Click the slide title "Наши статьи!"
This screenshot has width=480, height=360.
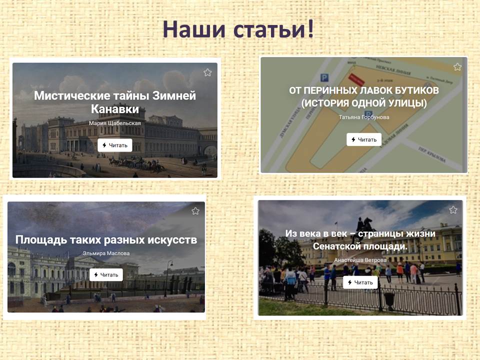pos(238,29)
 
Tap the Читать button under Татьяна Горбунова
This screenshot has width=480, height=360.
pos(364,139)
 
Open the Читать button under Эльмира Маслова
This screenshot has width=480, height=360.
pos(106,274)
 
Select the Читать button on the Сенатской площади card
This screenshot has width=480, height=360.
pos(360,282)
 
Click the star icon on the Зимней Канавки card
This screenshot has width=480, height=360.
pos(207,72)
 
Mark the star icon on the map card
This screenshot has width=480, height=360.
pos(457,66)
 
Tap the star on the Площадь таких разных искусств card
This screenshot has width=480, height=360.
pos(195,211)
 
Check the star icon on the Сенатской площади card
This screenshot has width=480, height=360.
pos(453,209)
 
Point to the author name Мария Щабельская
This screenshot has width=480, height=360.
pos(115,123)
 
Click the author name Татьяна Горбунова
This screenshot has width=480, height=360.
pos(364,117)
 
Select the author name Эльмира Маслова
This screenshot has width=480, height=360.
pos(106,253)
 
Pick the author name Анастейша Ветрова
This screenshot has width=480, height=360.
pos(360,260)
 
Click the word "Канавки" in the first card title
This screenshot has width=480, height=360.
pos(115,109)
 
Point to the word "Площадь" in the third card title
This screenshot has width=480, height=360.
pos(41,239)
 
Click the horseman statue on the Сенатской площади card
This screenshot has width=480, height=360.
pos(364,225)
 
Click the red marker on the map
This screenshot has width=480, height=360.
pos(357,79)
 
